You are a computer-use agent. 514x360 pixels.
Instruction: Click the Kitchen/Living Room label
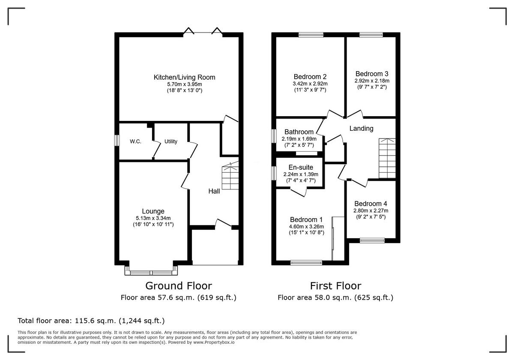184,78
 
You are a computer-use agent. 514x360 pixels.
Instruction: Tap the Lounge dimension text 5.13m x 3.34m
153,218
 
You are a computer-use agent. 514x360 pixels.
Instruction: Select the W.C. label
135,141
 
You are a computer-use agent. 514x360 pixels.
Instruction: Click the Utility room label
170,141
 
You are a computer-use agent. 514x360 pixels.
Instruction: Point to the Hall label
214,191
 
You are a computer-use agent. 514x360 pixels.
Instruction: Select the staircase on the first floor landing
387,158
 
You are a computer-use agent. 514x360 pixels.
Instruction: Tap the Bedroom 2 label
310,77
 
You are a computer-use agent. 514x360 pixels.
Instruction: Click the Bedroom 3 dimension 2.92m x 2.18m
372,81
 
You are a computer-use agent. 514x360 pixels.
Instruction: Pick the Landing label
361,129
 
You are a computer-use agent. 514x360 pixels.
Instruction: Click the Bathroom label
299,132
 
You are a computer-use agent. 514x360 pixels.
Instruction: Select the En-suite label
301,168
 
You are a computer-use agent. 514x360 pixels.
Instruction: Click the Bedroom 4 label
371,204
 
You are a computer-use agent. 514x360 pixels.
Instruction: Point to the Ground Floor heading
179,286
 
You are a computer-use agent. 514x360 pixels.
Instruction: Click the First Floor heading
335,286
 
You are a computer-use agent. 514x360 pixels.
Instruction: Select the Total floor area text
91,321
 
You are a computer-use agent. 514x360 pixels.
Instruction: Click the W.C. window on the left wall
116,141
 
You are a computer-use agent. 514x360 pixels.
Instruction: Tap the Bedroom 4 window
372,240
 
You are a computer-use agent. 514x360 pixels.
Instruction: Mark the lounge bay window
151,271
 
